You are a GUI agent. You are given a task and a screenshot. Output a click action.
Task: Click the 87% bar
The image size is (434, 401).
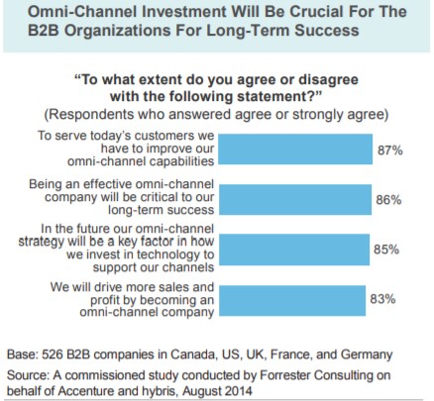(x=295, y=149)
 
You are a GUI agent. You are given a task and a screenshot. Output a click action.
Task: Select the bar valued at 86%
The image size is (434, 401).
(x=295, y=199)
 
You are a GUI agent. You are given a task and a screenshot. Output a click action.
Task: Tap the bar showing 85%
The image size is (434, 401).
(x=294, y=250)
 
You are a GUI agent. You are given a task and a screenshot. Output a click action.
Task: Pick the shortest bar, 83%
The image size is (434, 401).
(x=292, y=300)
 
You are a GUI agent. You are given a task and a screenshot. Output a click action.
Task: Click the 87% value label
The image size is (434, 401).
(x=390, y=150)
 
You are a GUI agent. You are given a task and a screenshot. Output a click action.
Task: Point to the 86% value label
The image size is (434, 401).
(x=388, y=200)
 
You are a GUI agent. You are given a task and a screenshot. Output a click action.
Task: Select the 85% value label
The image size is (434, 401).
(x=386, y=250)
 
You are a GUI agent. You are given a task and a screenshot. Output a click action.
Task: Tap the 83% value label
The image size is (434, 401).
(x=382, y=299)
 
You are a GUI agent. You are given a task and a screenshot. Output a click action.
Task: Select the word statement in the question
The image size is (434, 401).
(x=274, y=97)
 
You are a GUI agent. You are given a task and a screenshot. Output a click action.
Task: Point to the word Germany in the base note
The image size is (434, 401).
(x=367, y=355)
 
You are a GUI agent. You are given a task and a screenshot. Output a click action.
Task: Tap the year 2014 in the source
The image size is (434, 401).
(x=239, y=391)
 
